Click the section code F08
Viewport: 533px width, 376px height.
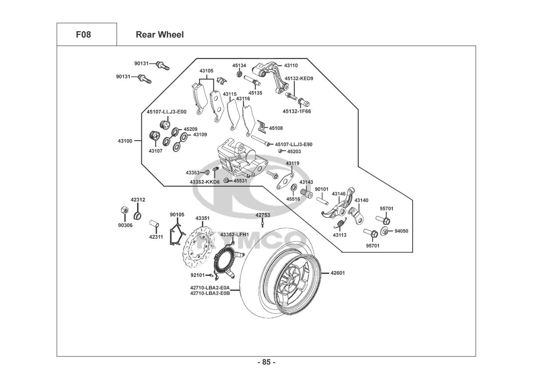coord(83,35)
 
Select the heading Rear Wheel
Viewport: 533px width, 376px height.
coord(160,35)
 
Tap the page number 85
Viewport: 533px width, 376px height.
coord(266,362)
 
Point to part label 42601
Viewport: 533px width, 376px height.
coord(338,273)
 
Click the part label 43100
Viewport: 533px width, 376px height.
coord(125,141)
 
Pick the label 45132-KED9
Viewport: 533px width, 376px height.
coord(299,79)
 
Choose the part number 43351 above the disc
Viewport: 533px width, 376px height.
coord(203,218)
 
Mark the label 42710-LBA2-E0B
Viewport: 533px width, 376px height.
coord(210,293)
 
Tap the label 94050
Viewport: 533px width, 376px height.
coord(401,231)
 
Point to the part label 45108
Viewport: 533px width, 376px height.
coord(276,128)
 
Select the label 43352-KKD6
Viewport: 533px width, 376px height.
coord(205,182)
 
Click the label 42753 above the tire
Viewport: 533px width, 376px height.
coord(263,215)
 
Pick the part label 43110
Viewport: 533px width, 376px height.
coord(291,65)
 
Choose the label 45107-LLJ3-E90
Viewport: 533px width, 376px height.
coord(293,144)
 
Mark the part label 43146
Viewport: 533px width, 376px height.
coord(339,194)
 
